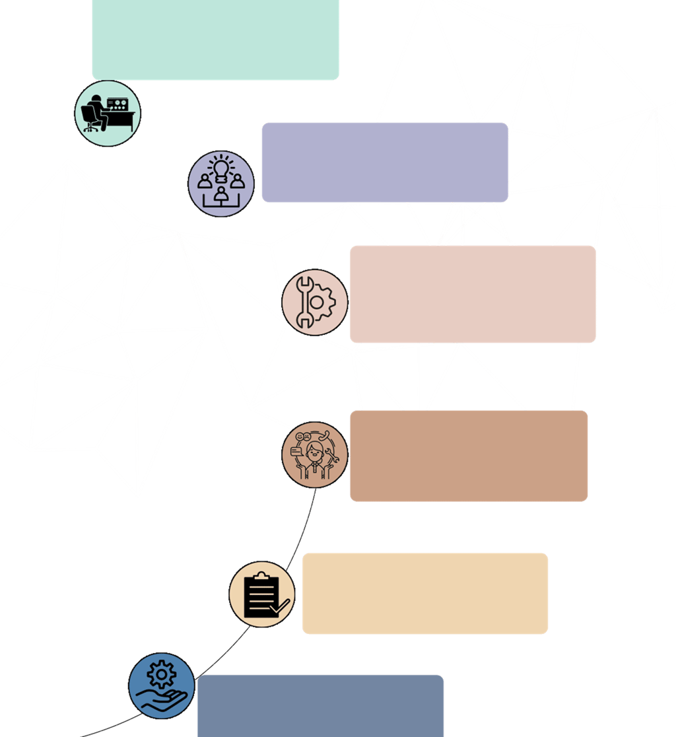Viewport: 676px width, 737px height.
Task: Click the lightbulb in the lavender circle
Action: click(x=221, y=167)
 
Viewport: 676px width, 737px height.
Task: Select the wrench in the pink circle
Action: click(x=304, y=302)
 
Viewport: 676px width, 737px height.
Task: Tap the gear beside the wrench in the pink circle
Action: click(x=321, y=302)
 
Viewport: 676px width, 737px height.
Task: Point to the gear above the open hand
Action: click(x=160, y=675)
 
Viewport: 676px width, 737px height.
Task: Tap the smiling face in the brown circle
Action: click(x=301, y=437)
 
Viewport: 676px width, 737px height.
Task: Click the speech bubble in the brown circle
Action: click(x=295, y=450)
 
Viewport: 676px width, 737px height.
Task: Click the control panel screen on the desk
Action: click(x=119, y=104)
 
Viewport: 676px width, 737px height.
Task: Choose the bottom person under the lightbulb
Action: click(x=221, y=194)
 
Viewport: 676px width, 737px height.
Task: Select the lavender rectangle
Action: click(x=385, y=162)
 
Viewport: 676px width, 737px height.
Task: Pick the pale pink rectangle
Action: click(x=473, y=295)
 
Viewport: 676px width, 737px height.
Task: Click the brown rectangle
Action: click(x=469, y=456)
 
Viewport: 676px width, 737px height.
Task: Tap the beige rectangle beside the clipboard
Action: click(x=425, y=593)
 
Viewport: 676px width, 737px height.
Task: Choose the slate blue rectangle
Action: click(x=320, y=705)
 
